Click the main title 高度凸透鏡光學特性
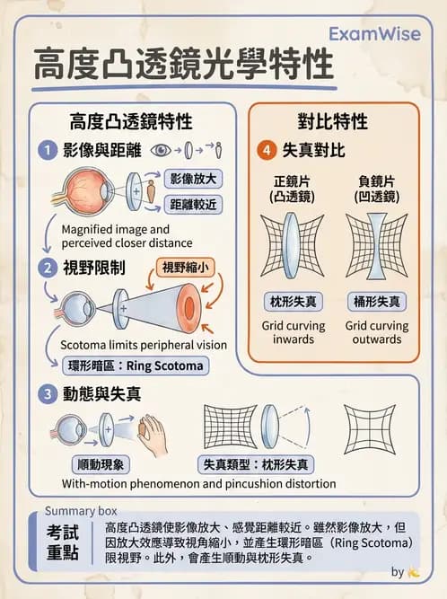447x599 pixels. tap(183, 65)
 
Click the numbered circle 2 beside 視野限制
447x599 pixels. tap(48, 268)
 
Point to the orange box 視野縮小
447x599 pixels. tap(187, 267)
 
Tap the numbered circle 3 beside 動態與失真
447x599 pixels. tap(48, 393)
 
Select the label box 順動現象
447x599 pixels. tap(101, 464)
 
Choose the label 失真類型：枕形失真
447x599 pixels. tap(254, 464)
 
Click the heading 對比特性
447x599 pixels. tap(332, 121)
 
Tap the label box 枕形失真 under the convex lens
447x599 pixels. tap(293, 301)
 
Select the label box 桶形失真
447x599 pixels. tap(376, 301)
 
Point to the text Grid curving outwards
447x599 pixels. tap(376, 332)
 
